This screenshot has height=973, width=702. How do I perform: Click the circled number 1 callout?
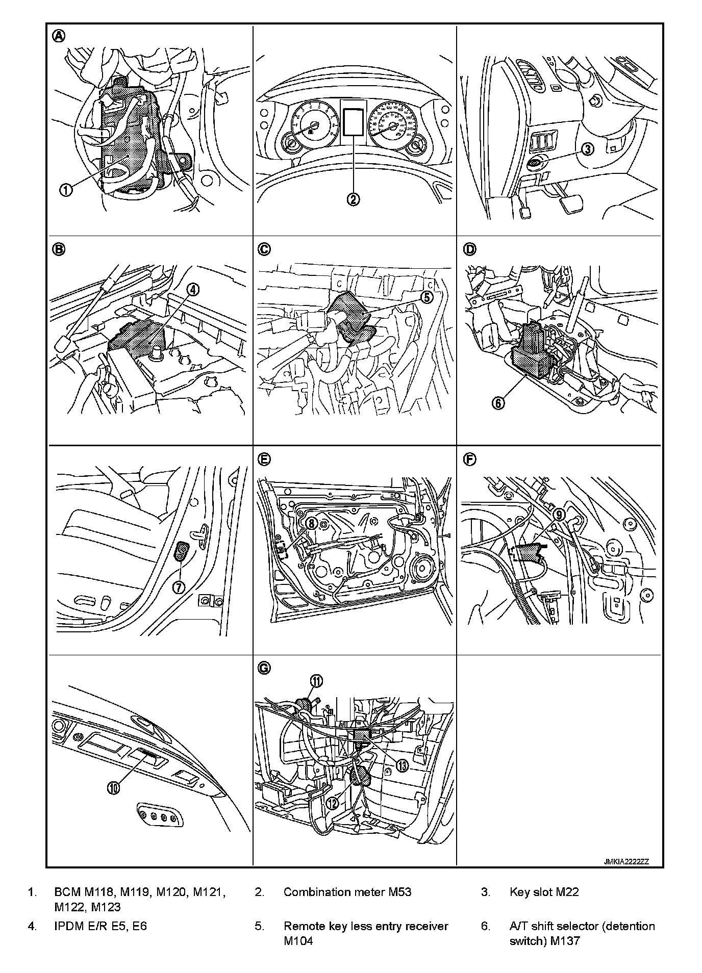coord(67,190)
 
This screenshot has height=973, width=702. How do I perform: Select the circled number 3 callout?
coord(588,149)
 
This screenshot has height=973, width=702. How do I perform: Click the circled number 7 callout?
coord(179,587)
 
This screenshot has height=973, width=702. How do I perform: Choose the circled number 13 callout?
coord(403,765)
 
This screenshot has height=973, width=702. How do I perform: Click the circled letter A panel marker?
coord(59,36)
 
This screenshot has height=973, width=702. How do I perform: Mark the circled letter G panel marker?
coord(264,668)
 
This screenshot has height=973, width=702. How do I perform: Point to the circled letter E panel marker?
coord(264,459)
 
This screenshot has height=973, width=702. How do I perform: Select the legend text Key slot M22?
coord(544,892)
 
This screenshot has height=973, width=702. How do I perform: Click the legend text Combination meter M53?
coord(347,892)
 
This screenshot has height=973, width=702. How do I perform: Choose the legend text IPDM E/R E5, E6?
coord(101,926)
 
